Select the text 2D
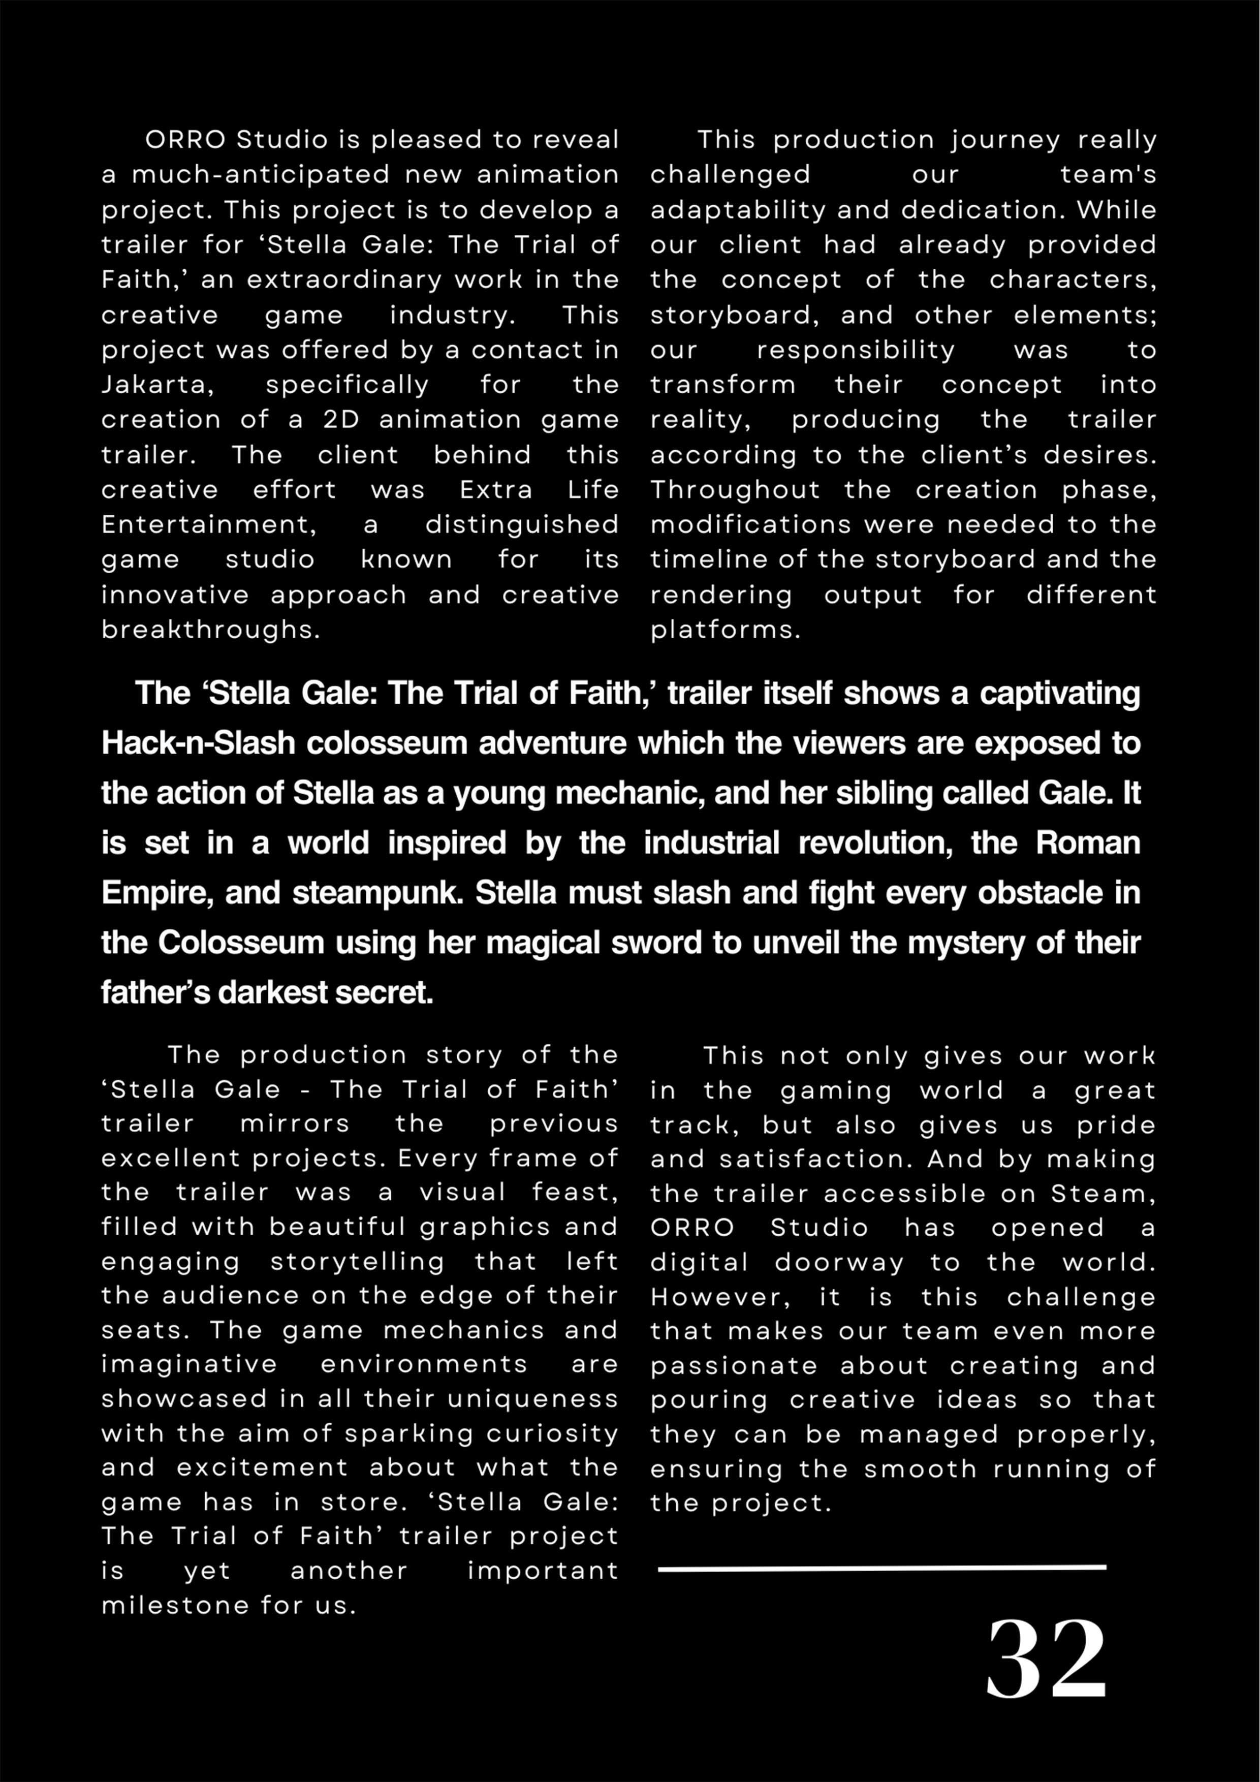click(341, 420)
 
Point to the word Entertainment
click(208, 525)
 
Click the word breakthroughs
click(210, 630)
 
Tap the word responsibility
click(855, 350)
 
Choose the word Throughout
click(735, 490)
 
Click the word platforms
click(724, 630)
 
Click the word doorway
click(839, 1262)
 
